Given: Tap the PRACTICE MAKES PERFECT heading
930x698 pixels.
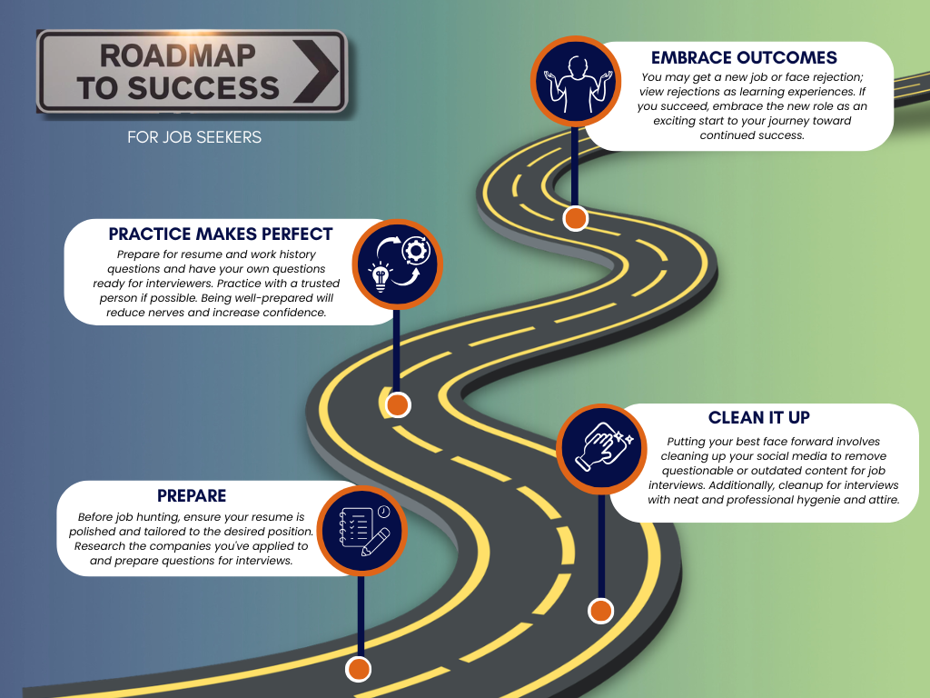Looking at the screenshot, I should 221,234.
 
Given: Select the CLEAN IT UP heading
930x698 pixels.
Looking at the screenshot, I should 758,417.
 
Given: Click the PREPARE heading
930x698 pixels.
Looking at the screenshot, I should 192,495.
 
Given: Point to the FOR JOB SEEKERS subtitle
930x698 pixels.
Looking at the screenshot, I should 194,138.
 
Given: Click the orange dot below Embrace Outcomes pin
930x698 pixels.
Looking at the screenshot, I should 576,218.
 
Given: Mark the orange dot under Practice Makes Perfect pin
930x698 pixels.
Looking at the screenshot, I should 398,404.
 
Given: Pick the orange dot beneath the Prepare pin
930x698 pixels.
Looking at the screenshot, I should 360,670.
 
